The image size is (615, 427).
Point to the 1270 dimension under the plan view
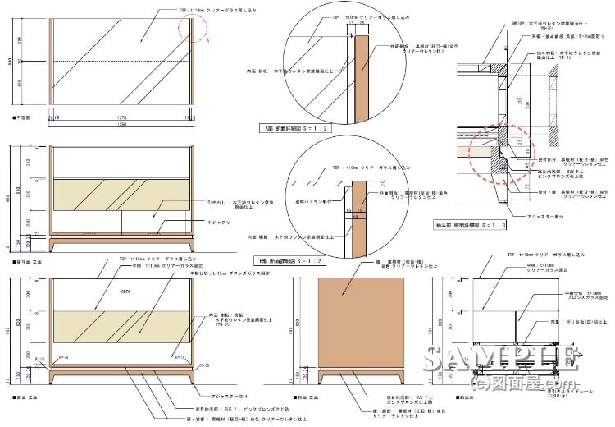pyautogui.click(x=121, y=117)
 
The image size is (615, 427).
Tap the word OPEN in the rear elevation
pyautogui.click(x=126, y=291)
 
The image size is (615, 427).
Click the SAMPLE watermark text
pyautogui.click(x=502, y=361)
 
